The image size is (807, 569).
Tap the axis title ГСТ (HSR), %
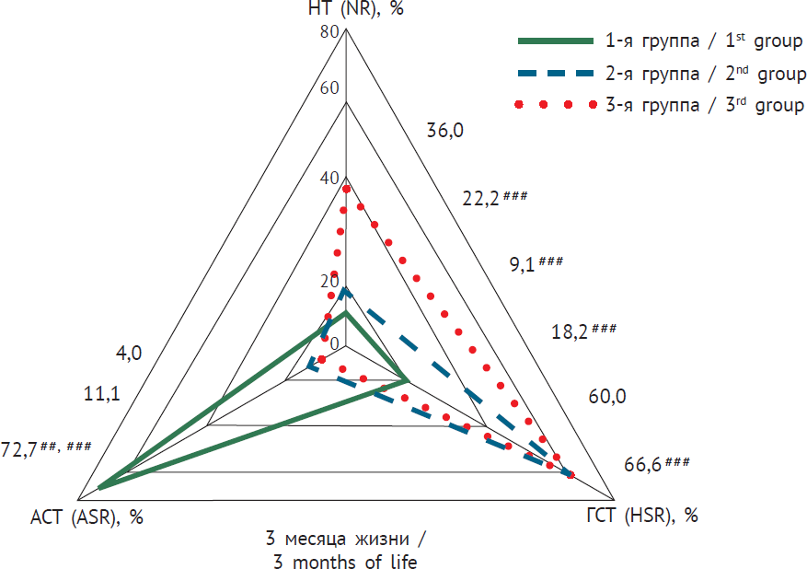click(641, 516)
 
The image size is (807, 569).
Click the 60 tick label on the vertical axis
click(329, 88)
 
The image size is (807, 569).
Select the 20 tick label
click(329, 282)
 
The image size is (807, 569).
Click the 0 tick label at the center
click(334, 344)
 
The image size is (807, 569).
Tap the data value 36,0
click(445, 131)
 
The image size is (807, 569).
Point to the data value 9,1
click(525, 265)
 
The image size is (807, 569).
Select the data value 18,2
click(568, 332)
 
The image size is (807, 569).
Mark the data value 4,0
click(129, 353)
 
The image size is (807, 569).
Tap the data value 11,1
click(101, 395)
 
